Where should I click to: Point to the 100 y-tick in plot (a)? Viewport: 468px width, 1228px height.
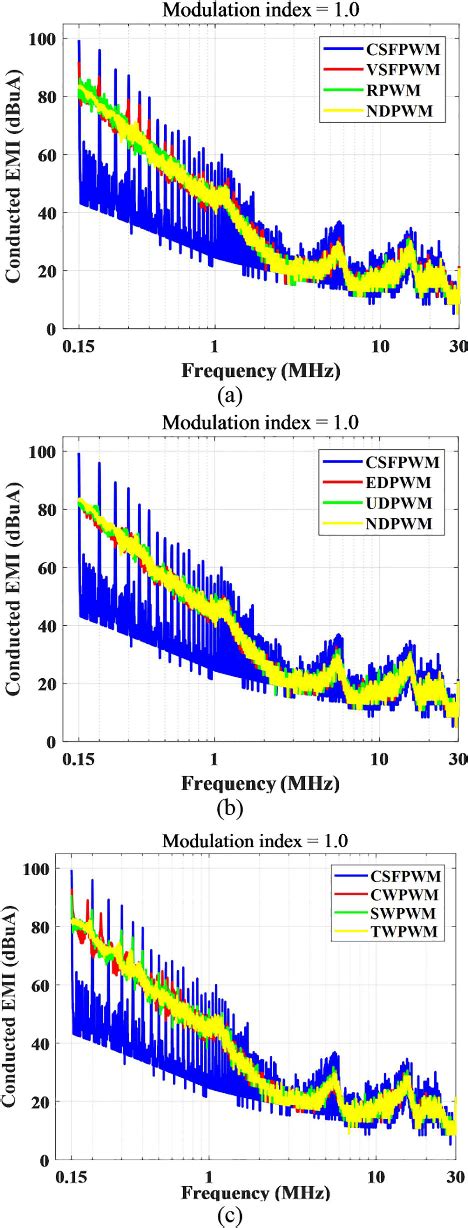[46, 40]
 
